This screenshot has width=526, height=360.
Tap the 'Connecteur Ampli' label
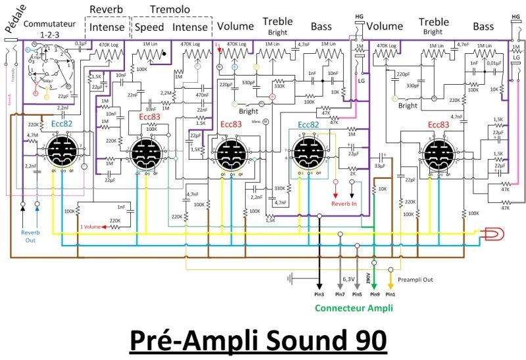(x=354, y=307)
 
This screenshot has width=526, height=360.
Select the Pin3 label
(x=320, y=295)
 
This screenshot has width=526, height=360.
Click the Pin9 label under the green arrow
(x=373, y=295)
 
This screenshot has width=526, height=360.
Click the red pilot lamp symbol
(x=490, y=233)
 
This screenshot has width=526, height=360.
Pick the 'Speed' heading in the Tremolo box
(x=149, y=28)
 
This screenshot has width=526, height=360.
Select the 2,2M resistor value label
(x=165, y=93)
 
